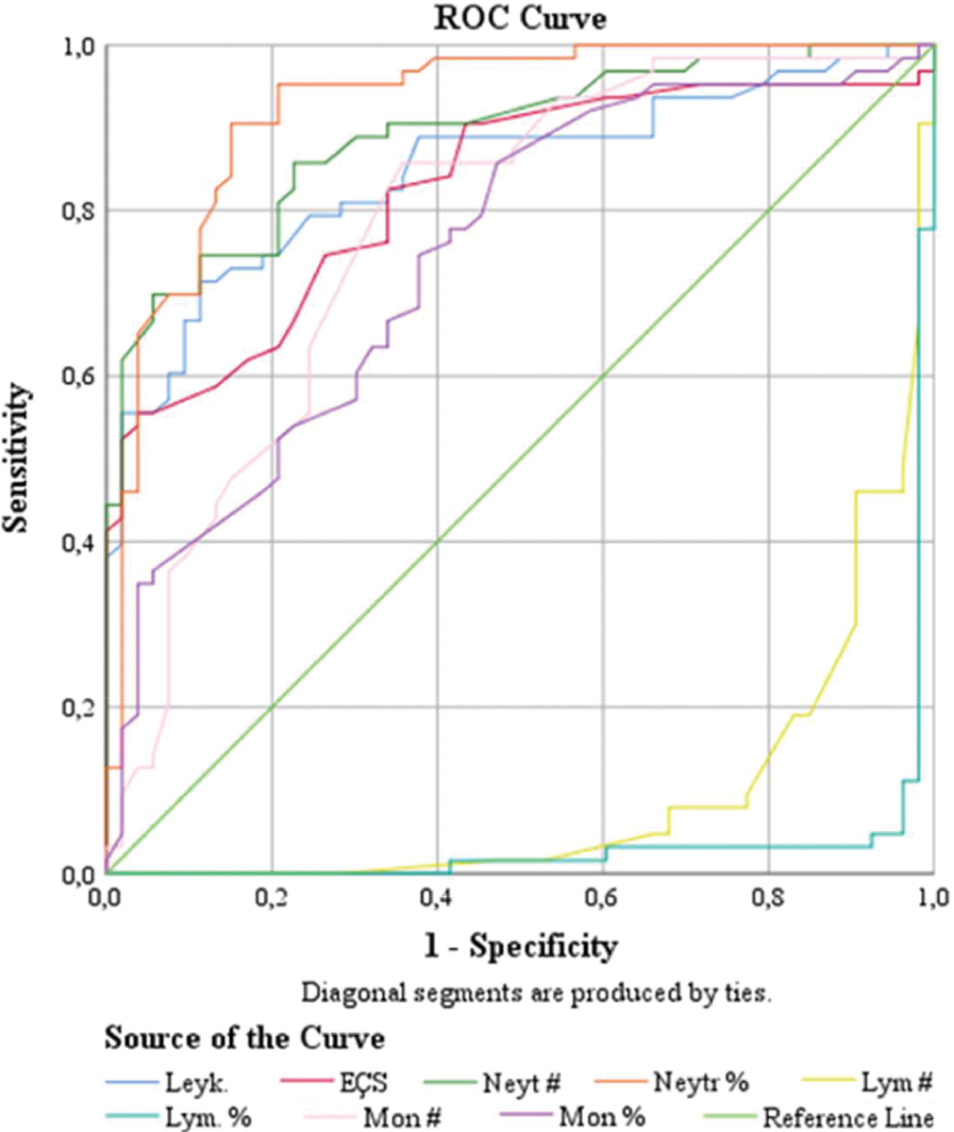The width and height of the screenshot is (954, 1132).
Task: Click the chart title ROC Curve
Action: tap(520, 19)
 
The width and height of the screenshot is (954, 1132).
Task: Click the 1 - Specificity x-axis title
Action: tap(520, 945)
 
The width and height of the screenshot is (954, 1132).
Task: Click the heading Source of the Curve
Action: tap(244, 1039)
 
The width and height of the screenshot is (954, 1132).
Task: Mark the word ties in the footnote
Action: tap(750, 993)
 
